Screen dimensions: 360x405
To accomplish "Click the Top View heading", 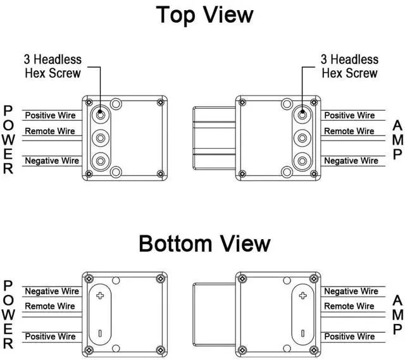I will click(204, 15).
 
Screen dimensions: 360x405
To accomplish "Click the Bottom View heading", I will click(204, 243).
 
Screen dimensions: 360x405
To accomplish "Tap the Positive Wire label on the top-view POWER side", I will click(50, 115).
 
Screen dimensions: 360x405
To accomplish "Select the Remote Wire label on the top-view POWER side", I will click(50, 131).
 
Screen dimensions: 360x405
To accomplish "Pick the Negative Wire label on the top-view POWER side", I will click(52, 161).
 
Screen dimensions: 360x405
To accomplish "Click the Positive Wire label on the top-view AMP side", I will click(349, 115).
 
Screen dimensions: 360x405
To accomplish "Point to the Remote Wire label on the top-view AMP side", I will click(349, 131).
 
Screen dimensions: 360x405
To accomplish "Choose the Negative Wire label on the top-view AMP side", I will click(351, 161).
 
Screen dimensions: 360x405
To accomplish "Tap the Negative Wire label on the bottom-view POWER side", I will click(52, 291).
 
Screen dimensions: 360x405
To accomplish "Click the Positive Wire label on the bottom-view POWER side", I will click(50, 336).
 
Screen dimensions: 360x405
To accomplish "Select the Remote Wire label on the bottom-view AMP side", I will click(349, 306).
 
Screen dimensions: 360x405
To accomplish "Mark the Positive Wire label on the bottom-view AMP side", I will click(349, 336).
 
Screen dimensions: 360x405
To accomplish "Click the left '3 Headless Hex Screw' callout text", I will click(53, 66).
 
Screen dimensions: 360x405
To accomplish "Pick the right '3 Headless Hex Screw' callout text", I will click(349, 66).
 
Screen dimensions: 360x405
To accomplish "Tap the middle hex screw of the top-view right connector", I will click(304, 137).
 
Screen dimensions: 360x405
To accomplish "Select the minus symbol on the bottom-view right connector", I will click(303, 333).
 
